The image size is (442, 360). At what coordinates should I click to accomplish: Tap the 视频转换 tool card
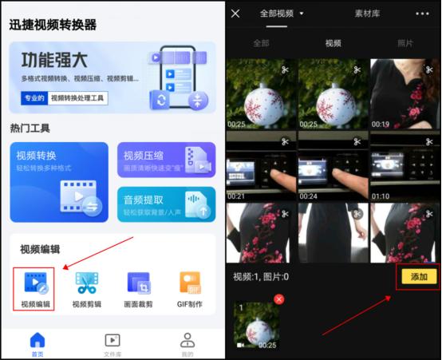pos(58,182)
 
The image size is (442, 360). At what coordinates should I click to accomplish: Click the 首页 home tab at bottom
pos(37,344)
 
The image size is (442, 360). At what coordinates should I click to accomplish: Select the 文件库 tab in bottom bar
pos(112,344)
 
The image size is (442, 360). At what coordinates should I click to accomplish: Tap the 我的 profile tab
pos(187,344)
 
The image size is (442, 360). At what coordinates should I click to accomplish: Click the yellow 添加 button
pos(419,276)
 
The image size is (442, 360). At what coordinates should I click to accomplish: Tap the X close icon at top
pos(235,14)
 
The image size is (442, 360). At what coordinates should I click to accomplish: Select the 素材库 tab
pos(368,14)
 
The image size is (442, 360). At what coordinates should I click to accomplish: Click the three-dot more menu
pos(422,14)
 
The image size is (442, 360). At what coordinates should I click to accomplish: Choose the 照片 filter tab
pos(405,43)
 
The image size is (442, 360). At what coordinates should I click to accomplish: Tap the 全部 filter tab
pos(261,43)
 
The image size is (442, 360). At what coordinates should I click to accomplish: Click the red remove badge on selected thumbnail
pos(279,299)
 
